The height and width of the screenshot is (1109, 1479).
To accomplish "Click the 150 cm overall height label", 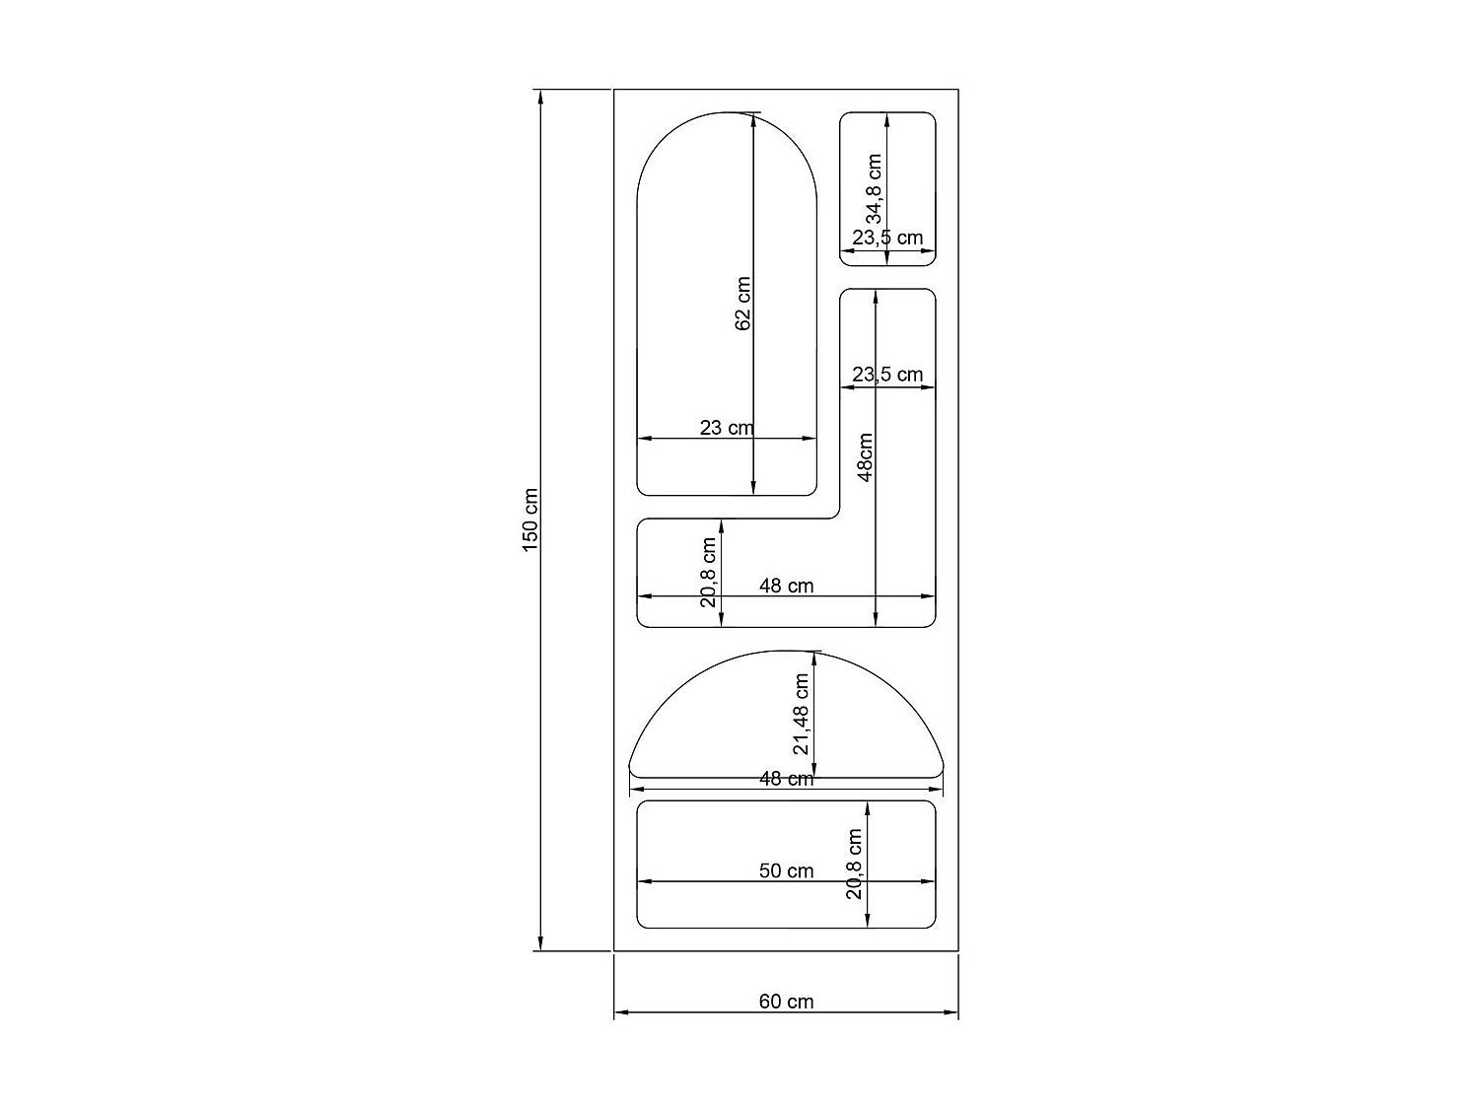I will (530, 520).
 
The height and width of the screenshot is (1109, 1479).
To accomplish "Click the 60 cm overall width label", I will (786, 1002).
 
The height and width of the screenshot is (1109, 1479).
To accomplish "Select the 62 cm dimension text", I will (742, 303).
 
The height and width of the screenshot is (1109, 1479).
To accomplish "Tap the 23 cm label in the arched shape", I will (726, 428).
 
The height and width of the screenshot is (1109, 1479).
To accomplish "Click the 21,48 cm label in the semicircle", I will (802, 714).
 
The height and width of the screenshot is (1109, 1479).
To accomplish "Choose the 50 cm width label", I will (786, 870).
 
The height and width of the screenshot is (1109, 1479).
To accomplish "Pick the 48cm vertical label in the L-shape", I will (866, 457).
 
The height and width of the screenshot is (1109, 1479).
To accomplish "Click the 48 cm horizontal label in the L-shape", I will (786, 586).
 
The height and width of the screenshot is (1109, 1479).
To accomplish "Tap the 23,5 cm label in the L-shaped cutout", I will (887, 375).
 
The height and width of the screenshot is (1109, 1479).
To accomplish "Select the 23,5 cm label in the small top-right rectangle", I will (887, 238).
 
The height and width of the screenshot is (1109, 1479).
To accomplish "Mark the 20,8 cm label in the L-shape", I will (709, 573).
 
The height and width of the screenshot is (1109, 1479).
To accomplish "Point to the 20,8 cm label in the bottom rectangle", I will (854, 864).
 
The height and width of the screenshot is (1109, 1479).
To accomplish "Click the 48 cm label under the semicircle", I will (786, 779).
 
